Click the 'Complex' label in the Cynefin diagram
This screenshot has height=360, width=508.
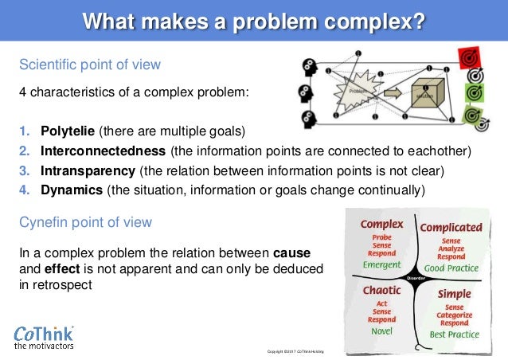381,224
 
